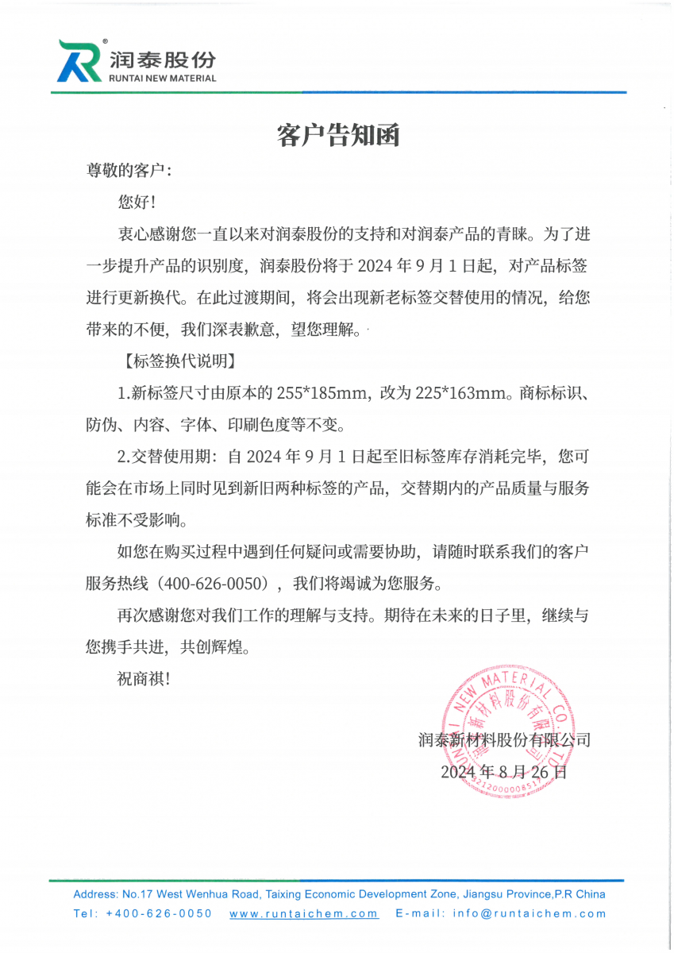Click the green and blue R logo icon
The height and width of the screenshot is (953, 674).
pyautogui.click(x=80, y=60)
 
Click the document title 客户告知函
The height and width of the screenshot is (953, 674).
pyautogui.click(x=337, y=136)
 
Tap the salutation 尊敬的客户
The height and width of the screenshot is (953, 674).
pyautogui.click(x=127, y=171)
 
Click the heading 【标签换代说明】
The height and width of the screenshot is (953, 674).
pyautogui.click(x=176, y=361)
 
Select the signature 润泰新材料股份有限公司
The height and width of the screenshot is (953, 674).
pyautogui.click(x=504, y=740)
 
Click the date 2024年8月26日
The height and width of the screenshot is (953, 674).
pyautogui.click(x=503, y=771)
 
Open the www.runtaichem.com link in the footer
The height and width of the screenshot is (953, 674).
pyautogui.click(x=303, y=913)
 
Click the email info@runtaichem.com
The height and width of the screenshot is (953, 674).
pyautogui.click(x=530, y=913)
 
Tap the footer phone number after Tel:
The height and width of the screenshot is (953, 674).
pyautogui.click(x=159, y=913)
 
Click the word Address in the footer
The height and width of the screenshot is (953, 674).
pyautogui.click(x=95, y=894)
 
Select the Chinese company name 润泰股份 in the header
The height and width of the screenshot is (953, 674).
pyautogui.click(x=163, y=60)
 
